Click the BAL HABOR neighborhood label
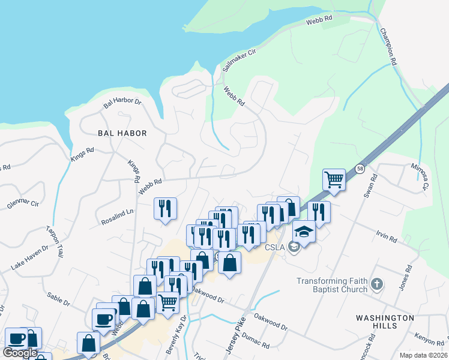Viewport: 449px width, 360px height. [122, 133]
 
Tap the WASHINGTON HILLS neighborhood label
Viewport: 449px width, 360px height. [385, 321]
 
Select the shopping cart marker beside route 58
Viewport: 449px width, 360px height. [334, 178]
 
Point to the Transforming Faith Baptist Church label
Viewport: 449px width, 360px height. [332, 285]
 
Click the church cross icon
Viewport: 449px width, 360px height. [376, 284]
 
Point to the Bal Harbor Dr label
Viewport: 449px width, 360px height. [122, 103]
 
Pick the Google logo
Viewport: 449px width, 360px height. [20, 353]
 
